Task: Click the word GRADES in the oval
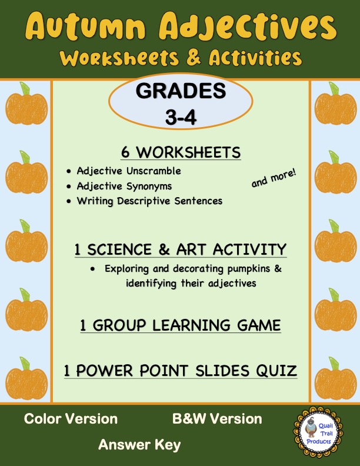[x=181, y=92]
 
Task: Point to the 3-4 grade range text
[x=181, y=116]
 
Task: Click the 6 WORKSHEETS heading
[x=181, y=152]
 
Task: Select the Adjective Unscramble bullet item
[x=129, y=171]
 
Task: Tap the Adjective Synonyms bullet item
[x=125, y=186]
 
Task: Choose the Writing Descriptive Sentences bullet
[x=149, y=201]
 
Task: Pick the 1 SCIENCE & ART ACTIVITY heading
[x=181, y=249]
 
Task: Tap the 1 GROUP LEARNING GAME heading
[x=181, y=325]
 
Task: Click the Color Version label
[x=71, y=419]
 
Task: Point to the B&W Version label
[x=217, y=419]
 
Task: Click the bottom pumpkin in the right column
[x=334, y=375]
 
